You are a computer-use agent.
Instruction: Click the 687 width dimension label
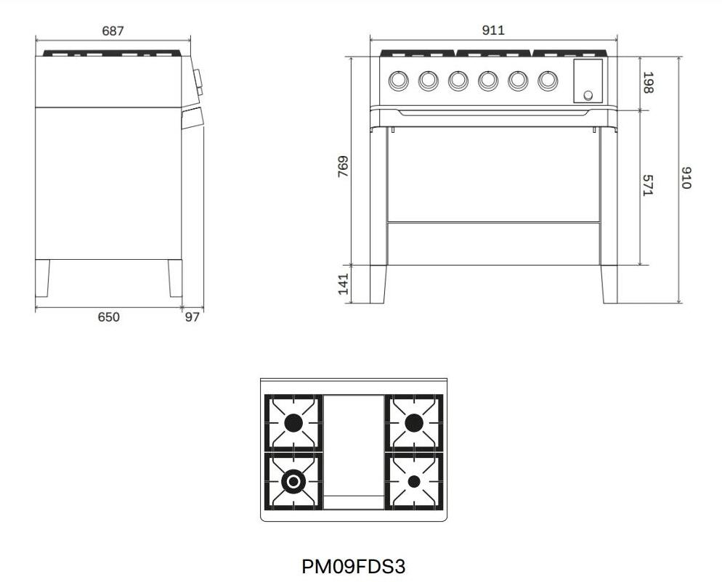point(113,30)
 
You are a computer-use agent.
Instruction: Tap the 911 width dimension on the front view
point(493,30)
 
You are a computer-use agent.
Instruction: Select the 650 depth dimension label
point(109,317)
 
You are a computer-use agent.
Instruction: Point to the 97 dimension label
point(192,317)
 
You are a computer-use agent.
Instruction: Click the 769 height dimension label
point(344,167)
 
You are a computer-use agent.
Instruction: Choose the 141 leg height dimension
point(344,284)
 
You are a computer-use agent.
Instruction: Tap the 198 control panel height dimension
point(649,83)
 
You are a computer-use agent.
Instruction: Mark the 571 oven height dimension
point(649,185)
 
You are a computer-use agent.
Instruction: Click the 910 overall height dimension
point(686,178)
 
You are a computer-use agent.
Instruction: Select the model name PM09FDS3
point(354,566)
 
